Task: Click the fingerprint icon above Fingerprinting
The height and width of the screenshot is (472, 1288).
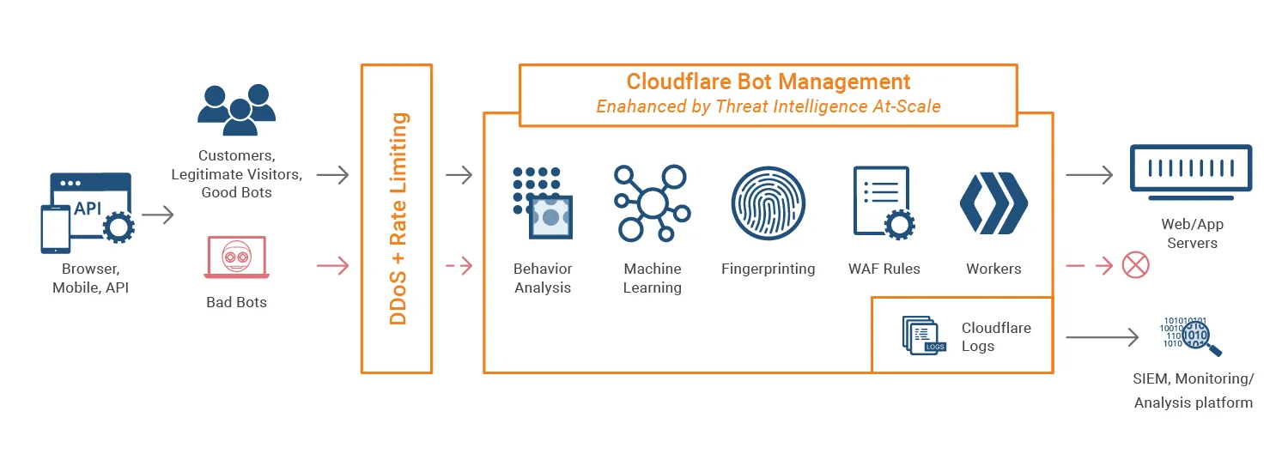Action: [768, 203]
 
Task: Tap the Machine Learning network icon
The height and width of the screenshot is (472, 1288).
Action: [651, 203]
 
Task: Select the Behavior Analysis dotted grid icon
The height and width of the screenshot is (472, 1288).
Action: [543, 203]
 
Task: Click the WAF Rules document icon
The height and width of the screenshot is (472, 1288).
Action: [883, 203]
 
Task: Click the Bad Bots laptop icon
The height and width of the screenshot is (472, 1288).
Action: [236, 257]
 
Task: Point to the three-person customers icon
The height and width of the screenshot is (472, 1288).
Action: [236, 109]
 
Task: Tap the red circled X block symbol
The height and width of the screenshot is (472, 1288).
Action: [1135, 265]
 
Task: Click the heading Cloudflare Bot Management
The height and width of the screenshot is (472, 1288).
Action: [768, 82]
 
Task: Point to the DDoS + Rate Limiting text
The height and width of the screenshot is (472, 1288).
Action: [398, 218]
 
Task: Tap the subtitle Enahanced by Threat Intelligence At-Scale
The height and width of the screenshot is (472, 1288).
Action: [768, 107]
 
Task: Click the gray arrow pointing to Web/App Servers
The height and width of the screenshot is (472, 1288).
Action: [1089, 176]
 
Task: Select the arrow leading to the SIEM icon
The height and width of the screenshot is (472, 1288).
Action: [1102, 337]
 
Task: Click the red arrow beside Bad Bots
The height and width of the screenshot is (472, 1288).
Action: [332, 266]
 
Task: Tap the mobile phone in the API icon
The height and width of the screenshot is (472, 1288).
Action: [56, 229]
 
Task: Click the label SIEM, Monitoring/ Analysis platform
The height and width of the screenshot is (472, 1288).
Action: [1193, 390]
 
